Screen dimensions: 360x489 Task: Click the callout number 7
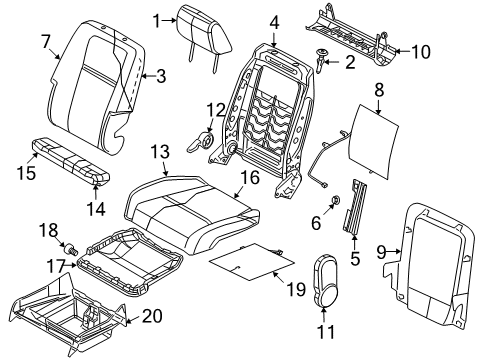pos(45,41)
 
